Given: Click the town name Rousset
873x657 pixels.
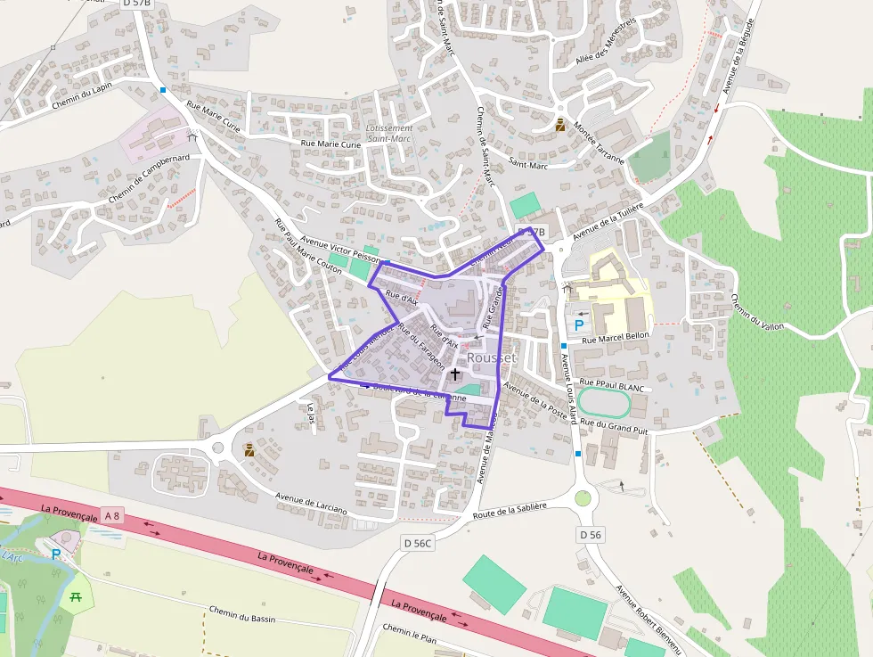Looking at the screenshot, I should [491, 357].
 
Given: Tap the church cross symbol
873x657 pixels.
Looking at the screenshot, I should [455, 374].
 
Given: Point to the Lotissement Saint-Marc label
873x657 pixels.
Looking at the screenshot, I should [390, 134].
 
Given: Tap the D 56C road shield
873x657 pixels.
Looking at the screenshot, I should [417, 542].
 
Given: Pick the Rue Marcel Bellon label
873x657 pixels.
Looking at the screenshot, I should [616, 338].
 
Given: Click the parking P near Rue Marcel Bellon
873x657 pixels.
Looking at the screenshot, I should [579, 325].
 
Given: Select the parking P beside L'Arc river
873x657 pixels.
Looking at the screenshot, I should [56, 554].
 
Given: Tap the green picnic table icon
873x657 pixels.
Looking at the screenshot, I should [78, 598].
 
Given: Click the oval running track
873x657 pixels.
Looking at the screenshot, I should [604, 403].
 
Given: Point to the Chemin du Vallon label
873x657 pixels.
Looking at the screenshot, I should [757, 312].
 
